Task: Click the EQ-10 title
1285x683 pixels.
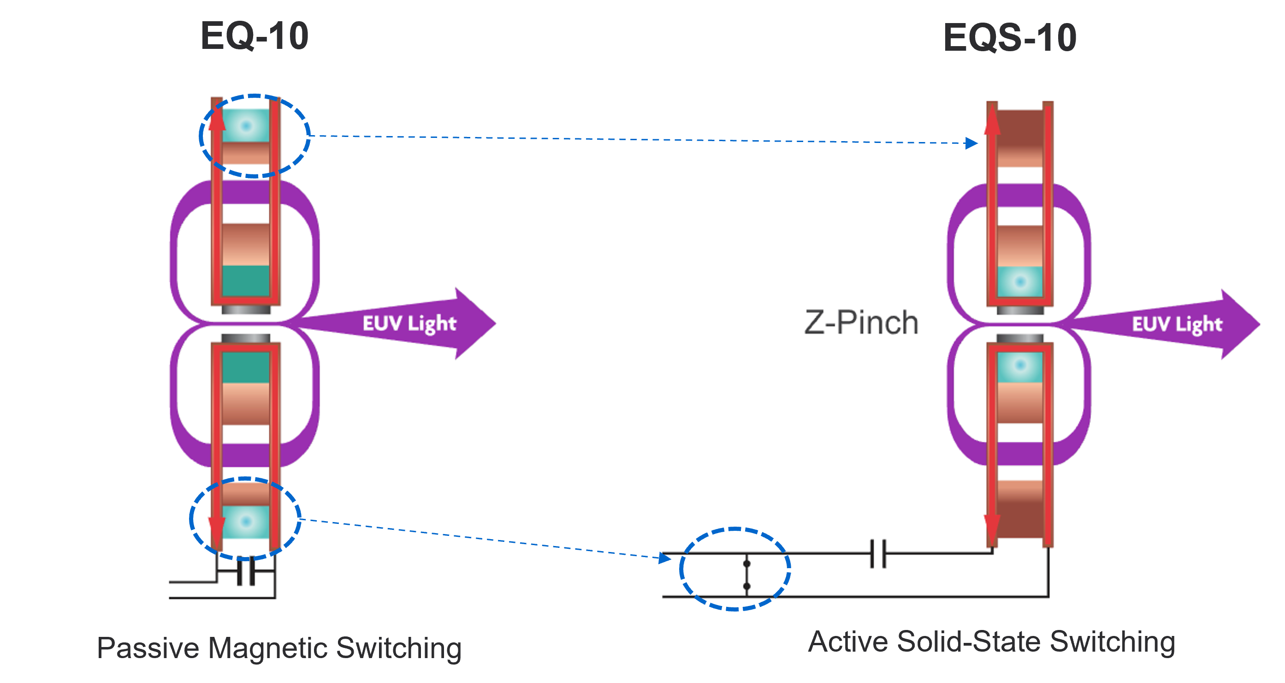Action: tap(255, 36)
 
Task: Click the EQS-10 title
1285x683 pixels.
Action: tap(1010, 37)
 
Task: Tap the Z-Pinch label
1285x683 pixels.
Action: tap(861, 322)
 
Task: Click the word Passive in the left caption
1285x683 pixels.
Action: tap(148, 648)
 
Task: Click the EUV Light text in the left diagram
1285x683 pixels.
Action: tap(409, 323)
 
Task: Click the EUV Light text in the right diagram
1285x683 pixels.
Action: tap(1177, 324)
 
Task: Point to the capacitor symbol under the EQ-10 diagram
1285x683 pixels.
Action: tap(246, 572)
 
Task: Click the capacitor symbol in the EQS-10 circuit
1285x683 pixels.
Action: tap(878, 553)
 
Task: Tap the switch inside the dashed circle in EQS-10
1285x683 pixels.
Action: tap(747, 575)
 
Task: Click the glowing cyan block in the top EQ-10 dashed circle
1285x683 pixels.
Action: tap(245, 126)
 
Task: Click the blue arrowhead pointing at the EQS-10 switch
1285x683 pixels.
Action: tap(664, 558)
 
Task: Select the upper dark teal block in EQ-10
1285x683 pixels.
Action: tap(245, 281)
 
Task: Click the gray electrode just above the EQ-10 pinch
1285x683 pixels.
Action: tap(245, 310)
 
